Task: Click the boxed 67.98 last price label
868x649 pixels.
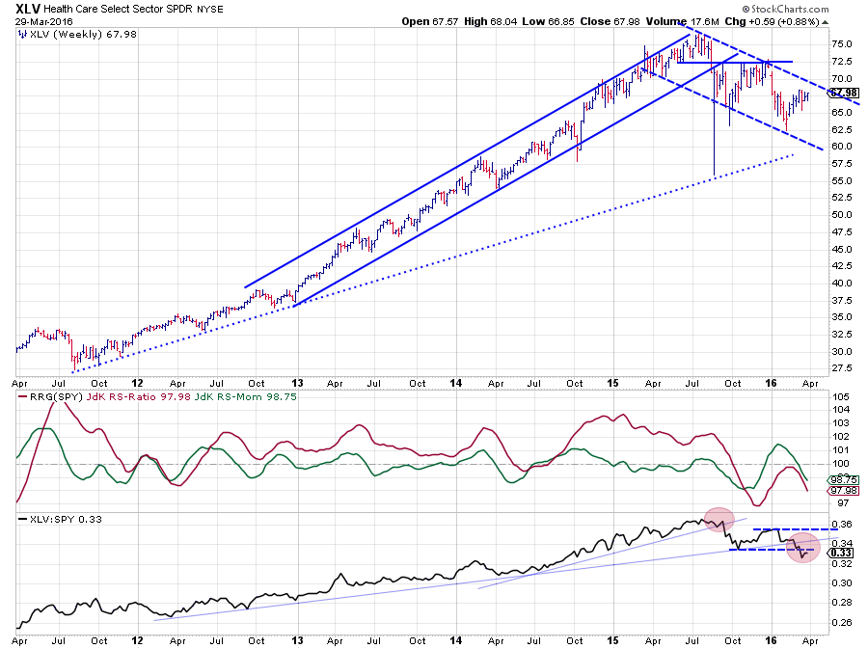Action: (x=842, y=93)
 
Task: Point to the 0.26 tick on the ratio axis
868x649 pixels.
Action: (x=841, y=622)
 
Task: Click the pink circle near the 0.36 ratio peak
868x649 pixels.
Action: (x=718, y=520)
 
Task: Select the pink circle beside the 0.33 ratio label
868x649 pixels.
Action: (x=802, y=548)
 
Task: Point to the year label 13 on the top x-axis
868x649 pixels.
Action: (x=298, y=382)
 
